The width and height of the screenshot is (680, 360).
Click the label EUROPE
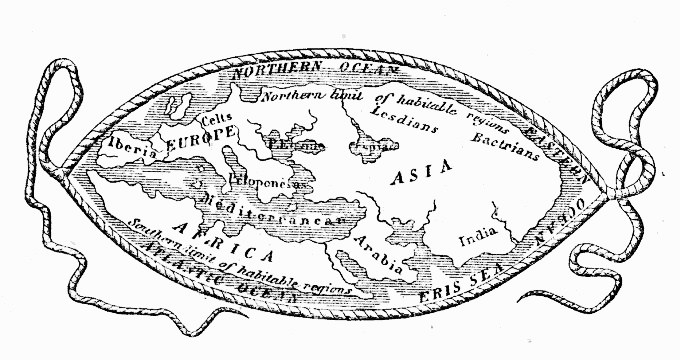point(200,146)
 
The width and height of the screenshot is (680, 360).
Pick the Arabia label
point(378,259)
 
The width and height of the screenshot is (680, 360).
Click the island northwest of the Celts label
point(181,103)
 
